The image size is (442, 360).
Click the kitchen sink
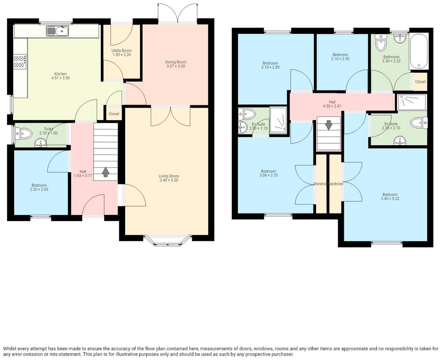click(58, 30)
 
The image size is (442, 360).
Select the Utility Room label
click(122, 51)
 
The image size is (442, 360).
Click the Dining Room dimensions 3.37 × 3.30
click(176, 66)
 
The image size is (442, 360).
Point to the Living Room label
click(169, 176)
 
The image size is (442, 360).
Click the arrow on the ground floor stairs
click(105, 172)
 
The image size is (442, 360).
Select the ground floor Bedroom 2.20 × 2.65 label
click(39, 185)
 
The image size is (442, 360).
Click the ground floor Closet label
click(114, 114)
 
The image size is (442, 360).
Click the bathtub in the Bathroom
click(419, 51)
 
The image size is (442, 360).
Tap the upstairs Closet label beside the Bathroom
click(420, 82)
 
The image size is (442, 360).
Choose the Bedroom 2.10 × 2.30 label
click(340, 54)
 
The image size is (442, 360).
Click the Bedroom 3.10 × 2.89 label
click(270, 63)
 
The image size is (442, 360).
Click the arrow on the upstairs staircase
click(329, 125)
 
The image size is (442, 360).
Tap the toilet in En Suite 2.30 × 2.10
click(418, 123)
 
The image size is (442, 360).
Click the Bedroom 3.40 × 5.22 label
click(390, 194)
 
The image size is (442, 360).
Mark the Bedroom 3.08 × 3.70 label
click(268, 171)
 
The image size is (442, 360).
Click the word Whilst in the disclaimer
click(10, 349)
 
